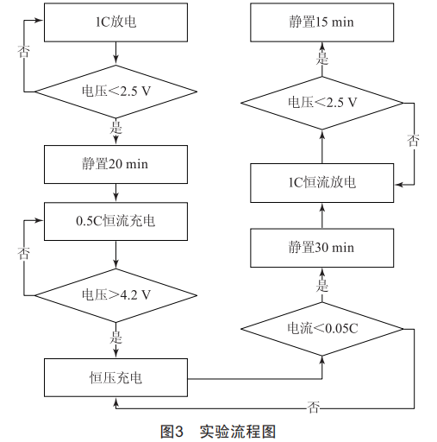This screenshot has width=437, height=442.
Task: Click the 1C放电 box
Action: click(115, 22)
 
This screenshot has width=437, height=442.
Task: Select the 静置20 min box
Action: click(115, 164)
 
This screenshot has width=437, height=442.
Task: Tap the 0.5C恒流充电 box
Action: click(115, 221)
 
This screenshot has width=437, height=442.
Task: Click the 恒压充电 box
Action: click(115, 377)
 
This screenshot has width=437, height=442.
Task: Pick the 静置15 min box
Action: click(322, 22)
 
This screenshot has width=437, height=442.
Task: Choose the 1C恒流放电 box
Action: click(322, 183)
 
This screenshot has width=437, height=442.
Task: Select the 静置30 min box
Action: click(322, 248)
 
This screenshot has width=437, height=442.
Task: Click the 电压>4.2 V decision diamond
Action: click(115, 295)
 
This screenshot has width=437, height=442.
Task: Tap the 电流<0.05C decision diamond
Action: click(322, 329)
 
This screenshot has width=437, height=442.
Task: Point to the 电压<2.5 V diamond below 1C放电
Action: click(115, 92)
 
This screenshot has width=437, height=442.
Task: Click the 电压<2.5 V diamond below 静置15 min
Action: click(322, 103)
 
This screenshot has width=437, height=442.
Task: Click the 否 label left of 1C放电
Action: click(23, 51)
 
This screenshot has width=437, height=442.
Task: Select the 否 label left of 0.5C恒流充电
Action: click(23, 253)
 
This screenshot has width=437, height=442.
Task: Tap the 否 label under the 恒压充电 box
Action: click(314, 407)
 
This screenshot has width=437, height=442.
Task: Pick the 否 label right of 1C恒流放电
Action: click(413, 140)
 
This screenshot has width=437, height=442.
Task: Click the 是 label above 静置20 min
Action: click(115, 128)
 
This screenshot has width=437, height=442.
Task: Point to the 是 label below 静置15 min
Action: click(322, 59)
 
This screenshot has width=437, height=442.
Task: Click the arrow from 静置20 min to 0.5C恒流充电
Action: click(115, 193)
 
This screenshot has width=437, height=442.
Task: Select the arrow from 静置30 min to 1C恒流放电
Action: click(322, 216)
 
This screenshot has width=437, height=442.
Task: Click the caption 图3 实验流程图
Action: click(218, 432)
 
